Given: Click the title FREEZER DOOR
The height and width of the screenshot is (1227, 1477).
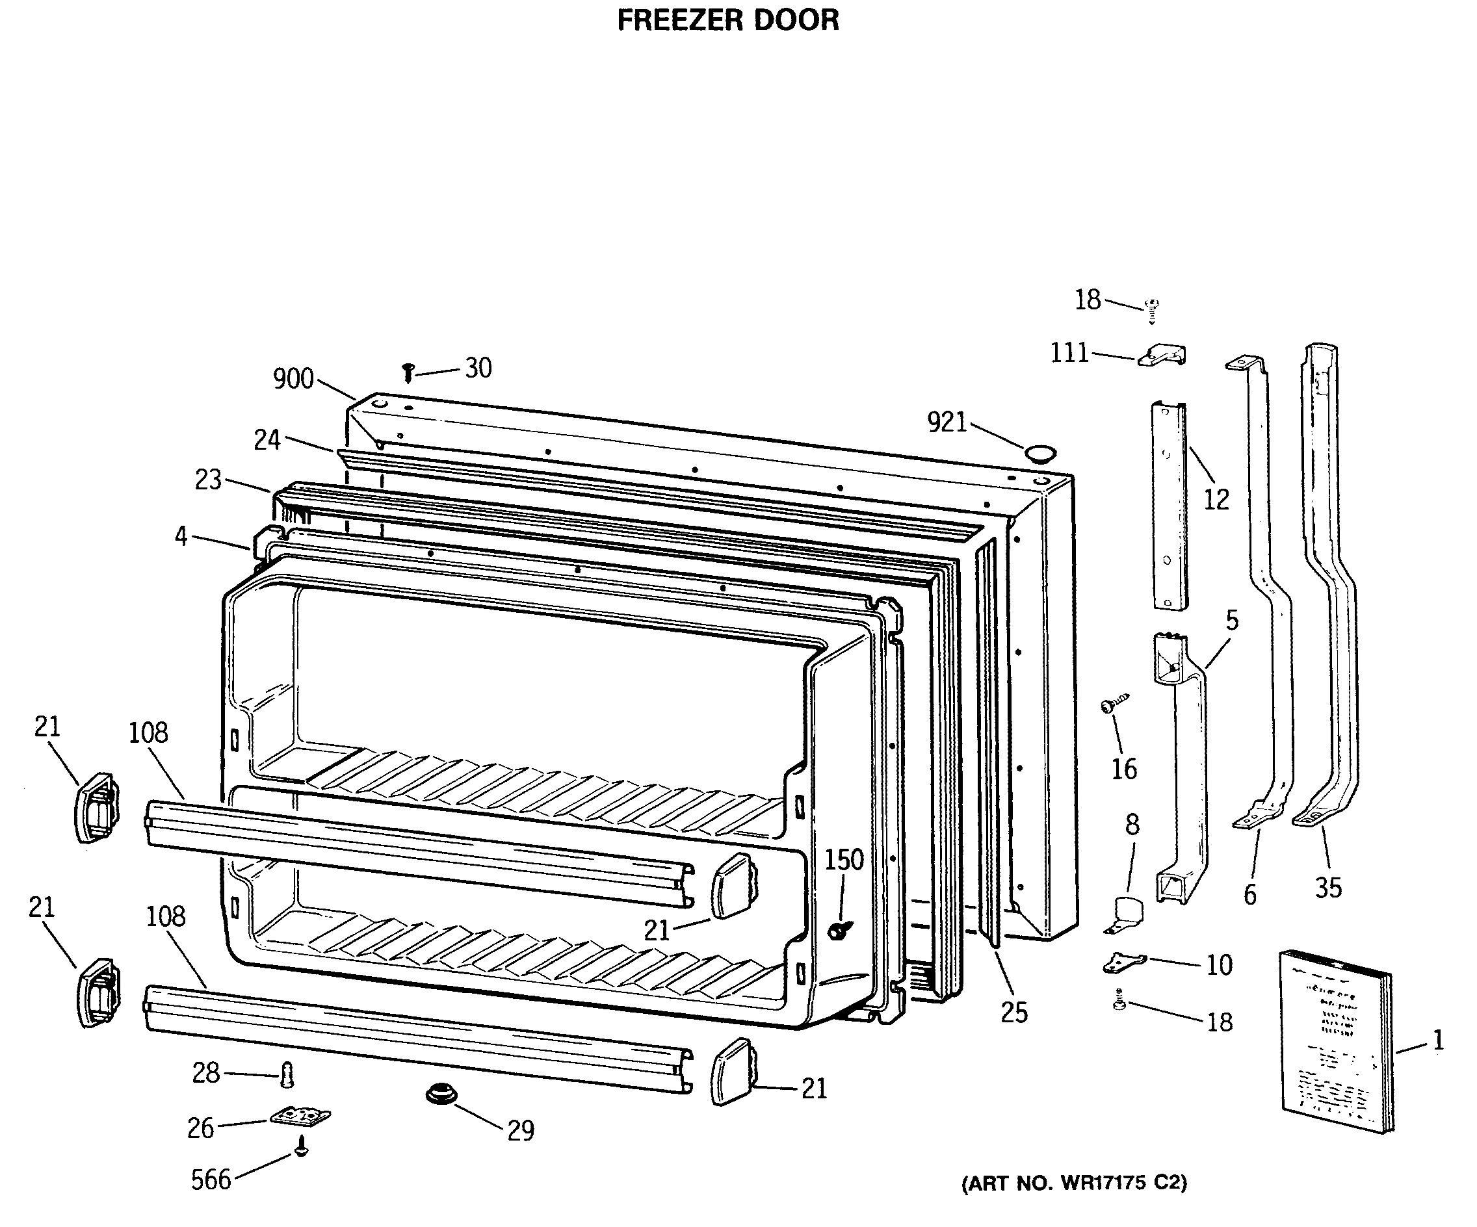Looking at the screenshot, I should pyautogui.click(x=728, y=19).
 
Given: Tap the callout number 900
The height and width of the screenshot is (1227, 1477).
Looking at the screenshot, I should pyautogui.click(x=293, y=379).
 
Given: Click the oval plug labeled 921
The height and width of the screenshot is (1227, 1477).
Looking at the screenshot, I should pyautogui.click(x=1040, y=452).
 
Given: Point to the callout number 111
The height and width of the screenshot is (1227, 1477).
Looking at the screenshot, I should pyautogui.click(x=1069, y=352).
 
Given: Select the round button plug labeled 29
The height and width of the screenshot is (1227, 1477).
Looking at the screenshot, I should pyautogui.click(x=441, y=1095).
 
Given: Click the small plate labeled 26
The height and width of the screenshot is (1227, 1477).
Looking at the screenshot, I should pyautogui.click(x=300, y=1117).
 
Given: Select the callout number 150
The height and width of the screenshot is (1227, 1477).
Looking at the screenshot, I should pyautogui.click(x=844, y=859).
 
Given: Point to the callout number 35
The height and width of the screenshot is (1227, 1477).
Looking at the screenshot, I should pyautogui.click(x=1329, y=888).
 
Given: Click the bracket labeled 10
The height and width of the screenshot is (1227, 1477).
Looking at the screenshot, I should pyautogui.click(x=1124, y=962).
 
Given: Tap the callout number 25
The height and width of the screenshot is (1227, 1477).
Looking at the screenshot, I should pyautogui.click(x=1014, y=1013).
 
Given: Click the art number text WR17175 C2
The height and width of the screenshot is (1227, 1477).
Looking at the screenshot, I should pyautogui.click(x=1074, y=1183).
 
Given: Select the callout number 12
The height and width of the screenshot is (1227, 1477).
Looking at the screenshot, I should pyautogui.click(x=1216, y=499).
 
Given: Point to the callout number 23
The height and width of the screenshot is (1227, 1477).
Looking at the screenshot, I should pyautogui.click(x=208, y=480).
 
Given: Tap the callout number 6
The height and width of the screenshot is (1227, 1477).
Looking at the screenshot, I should pyautogui.click(x=1250, y=894).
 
